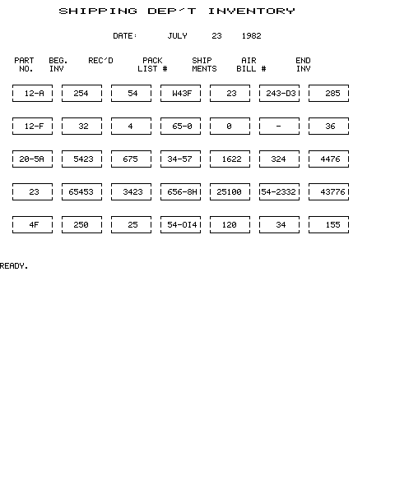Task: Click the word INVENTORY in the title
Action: (x=251, y=12)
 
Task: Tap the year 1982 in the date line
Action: (x=251, y=36)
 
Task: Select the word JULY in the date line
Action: (x=177, y=36)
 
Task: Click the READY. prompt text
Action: (x=14, y=266)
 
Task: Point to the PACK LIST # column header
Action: (x=152, y=65)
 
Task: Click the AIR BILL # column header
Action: (x=251, y=65)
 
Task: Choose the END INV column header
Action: (x=303, y=65)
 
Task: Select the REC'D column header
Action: (x=100, y=61)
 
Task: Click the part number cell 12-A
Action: (x=32, y=94)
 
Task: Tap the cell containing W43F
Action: (x=180, y=94)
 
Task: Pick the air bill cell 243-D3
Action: (x=279, y=94)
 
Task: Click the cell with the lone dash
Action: (x=279, y=127)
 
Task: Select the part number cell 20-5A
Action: (x=32, y=159)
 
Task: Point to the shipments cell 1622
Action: (x=230, y=159)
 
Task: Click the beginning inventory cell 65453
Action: (x=81, y=192)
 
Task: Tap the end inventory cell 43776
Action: (x=328, y=192)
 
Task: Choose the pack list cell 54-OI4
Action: (x=180, y=225)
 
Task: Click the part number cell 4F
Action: (x=32, y=225)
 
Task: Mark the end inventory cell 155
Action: (x=328, y=225)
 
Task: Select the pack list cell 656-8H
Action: (x=180, y=192)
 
